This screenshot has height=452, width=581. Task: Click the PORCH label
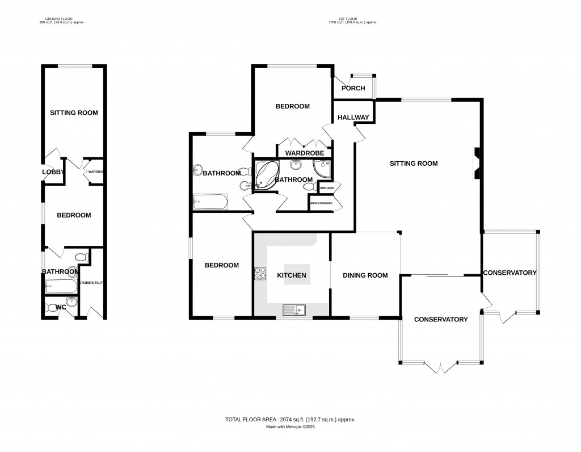353,89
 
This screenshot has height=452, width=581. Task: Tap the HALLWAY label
353,118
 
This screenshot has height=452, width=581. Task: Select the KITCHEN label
291,275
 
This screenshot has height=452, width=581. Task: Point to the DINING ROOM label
365,275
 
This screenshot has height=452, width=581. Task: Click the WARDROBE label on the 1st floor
304,153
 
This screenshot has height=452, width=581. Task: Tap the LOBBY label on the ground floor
52,173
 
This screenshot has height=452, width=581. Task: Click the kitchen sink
294,309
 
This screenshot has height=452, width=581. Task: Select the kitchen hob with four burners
260,273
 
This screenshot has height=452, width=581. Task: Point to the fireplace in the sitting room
478,165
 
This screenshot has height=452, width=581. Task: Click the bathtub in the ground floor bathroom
60,286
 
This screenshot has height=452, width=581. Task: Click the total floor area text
290,420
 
